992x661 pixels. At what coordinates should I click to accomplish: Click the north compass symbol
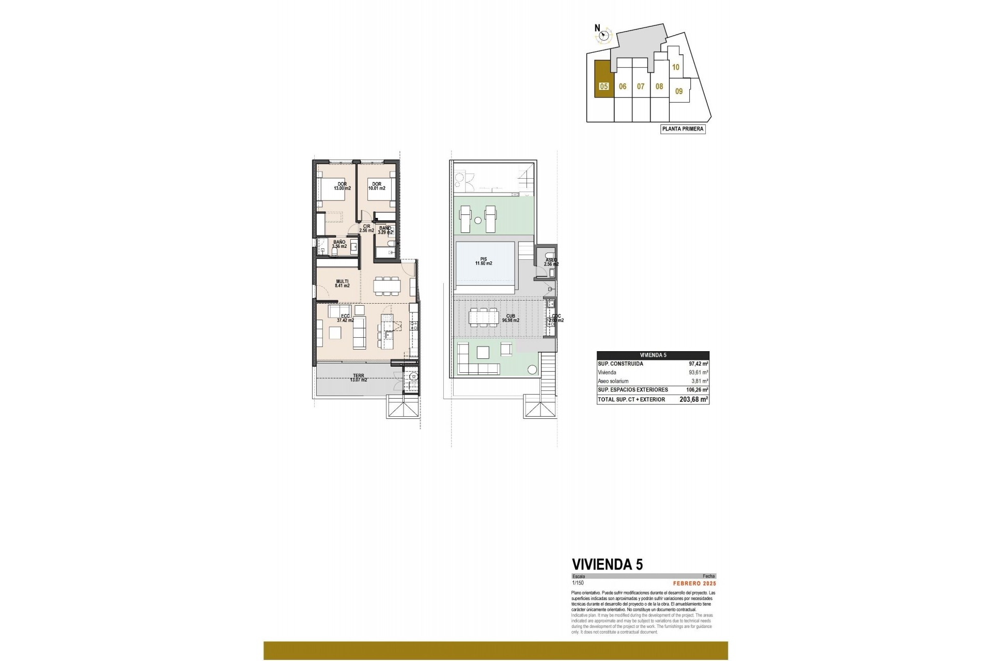(x=603, y=36)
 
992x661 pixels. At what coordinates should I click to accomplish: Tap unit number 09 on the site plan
(x=679, y=91)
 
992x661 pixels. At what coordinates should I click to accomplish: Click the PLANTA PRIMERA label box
(x=683, y=129)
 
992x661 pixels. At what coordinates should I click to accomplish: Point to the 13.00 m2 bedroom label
(x=342, y=188)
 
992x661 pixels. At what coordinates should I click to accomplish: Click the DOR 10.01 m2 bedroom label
(x=376, y=186)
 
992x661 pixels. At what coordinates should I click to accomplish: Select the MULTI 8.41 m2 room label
(x=342, y=284)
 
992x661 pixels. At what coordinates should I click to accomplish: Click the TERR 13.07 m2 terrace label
(x=358, y=378)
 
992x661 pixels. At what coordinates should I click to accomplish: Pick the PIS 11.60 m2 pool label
(x=484, y=261)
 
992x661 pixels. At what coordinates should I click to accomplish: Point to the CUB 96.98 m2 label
(x=510, y=318)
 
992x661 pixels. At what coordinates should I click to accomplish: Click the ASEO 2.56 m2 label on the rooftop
(x=551, y=262)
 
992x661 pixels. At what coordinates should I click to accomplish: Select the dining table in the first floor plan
(x=387, y=285)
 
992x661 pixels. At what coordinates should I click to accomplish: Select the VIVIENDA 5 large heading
(x=607, y=564)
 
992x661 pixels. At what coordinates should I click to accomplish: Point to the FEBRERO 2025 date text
(x=694, y=583)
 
